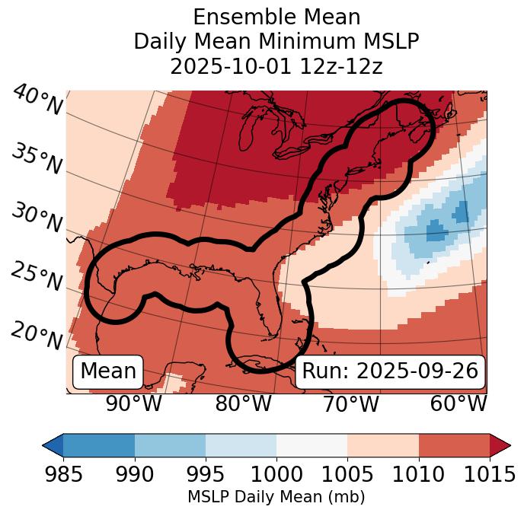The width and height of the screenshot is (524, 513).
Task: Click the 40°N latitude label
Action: [x=37, y=100]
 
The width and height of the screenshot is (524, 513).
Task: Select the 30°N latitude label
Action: [x=37, y=218]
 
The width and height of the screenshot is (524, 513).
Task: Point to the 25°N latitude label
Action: [x=37, y=276]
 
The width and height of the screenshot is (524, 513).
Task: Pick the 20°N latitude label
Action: [x=37, y=335]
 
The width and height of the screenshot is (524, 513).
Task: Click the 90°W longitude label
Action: [x=133, y=403]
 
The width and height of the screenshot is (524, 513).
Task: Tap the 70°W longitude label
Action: [x=350, y=403]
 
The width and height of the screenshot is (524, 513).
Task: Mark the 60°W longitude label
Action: [x=458, y=403]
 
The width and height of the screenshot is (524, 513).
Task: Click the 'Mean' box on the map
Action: [x=108, y=371]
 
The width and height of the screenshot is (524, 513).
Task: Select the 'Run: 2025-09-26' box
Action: [x=390, y=371]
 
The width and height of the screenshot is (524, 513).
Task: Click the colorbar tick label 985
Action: [x=63, y=475]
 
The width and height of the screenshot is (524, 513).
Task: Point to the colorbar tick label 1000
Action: [x=276, y=475]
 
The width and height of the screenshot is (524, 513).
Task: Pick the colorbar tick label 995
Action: [x=205, y=475]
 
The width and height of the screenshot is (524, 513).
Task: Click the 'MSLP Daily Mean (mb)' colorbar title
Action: [x=276, y=498]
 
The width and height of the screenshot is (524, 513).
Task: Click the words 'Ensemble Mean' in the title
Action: [x=276, y=17]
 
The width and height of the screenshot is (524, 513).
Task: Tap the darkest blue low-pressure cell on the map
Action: [x=436, y=230]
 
